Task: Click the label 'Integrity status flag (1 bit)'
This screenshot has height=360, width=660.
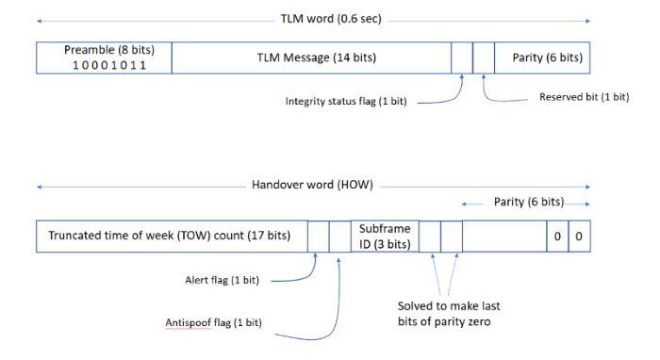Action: point(346,101)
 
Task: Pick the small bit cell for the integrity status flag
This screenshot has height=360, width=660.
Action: point(462,58)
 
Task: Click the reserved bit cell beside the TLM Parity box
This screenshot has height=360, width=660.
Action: point(484,58)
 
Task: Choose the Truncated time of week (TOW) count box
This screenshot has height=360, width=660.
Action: point(171,236)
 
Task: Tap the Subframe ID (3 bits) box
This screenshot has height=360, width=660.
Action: point(385,236)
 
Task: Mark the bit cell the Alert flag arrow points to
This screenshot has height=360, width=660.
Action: point(319,236)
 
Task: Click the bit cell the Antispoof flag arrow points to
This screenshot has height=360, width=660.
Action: point(339,236)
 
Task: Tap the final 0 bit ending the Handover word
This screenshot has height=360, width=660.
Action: point(579,236)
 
